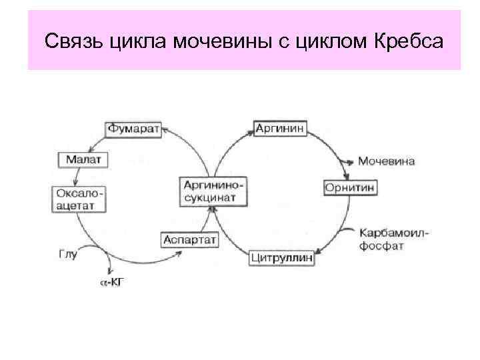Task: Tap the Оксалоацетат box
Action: pos(79,198)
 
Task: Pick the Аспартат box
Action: pos(189,239)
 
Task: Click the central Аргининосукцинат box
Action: pos(212,191)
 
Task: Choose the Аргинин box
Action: pos(280,127)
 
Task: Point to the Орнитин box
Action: pos(350,188)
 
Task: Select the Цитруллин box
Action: pos(283,257)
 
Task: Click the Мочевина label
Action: pos(387,161)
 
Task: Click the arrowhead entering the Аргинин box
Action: pos(249,131)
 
